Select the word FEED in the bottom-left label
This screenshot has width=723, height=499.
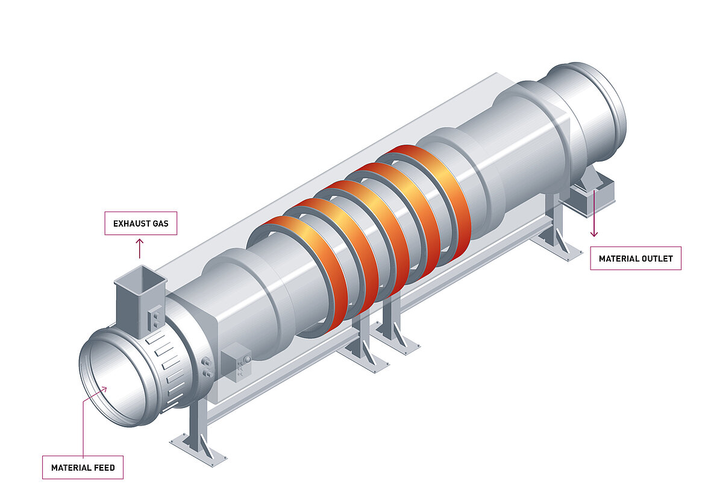[103, 468]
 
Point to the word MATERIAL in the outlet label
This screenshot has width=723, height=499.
[619, 259]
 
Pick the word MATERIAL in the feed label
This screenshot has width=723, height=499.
[70, 468]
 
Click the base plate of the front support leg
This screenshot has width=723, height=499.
[199, 449]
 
